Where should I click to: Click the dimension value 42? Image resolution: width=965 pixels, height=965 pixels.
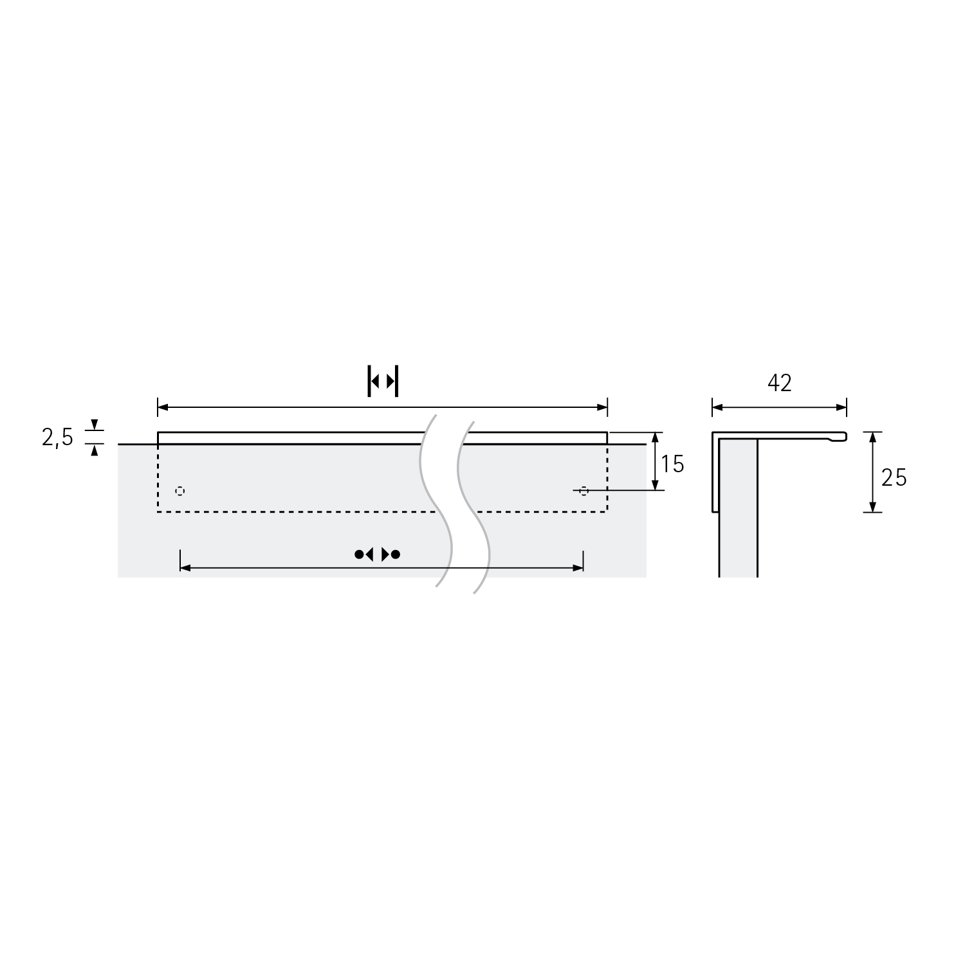(x=779, y=383)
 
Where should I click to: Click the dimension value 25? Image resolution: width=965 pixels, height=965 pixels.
(x=894, y=477)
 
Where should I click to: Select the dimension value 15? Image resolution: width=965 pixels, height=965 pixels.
(x=672, y=464)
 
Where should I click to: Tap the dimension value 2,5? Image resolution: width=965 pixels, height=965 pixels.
(x=57, y=437)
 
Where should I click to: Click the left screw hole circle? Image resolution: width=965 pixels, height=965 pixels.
(x=180, y=491)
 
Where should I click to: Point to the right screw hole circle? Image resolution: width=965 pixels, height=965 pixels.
(x=584, y=491)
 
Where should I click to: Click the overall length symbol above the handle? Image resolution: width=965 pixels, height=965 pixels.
(x=383, y=381)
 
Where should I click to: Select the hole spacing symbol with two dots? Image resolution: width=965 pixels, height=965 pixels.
(x=378, y=554)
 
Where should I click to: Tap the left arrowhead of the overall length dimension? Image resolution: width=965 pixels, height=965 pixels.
(x=163, y=407)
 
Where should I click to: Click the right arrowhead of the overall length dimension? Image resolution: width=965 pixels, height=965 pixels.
(x=603, y=407)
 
